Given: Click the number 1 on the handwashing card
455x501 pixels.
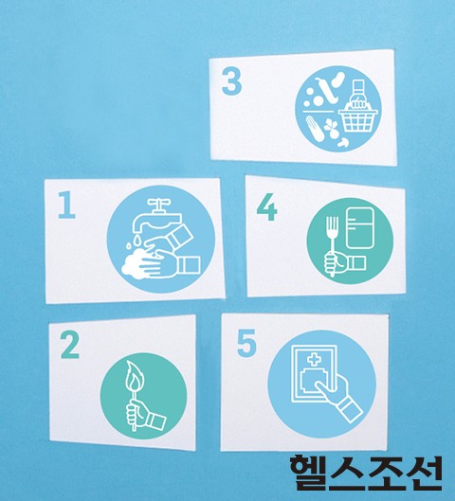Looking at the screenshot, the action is point(66,205).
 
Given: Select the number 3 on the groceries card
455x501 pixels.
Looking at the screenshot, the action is point(231,81).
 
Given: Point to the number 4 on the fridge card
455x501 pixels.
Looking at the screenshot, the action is point(266,207).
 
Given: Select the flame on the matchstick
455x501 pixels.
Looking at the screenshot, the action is point(135,377).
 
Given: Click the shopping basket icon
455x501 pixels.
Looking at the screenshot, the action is point(357,119).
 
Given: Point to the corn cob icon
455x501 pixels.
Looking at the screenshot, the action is point(315,129).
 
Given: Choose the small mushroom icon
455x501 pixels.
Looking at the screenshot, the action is point(343,142).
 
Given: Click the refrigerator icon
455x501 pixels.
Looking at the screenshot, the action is point(359,228).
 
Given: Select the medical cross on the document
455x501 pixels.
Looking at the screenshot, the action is point(315,360).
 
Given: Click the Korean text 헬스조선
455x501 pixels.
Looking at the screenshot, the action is point(366,474).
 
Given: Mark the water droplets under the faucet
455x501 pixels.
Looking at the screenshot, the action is point(133,242).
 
